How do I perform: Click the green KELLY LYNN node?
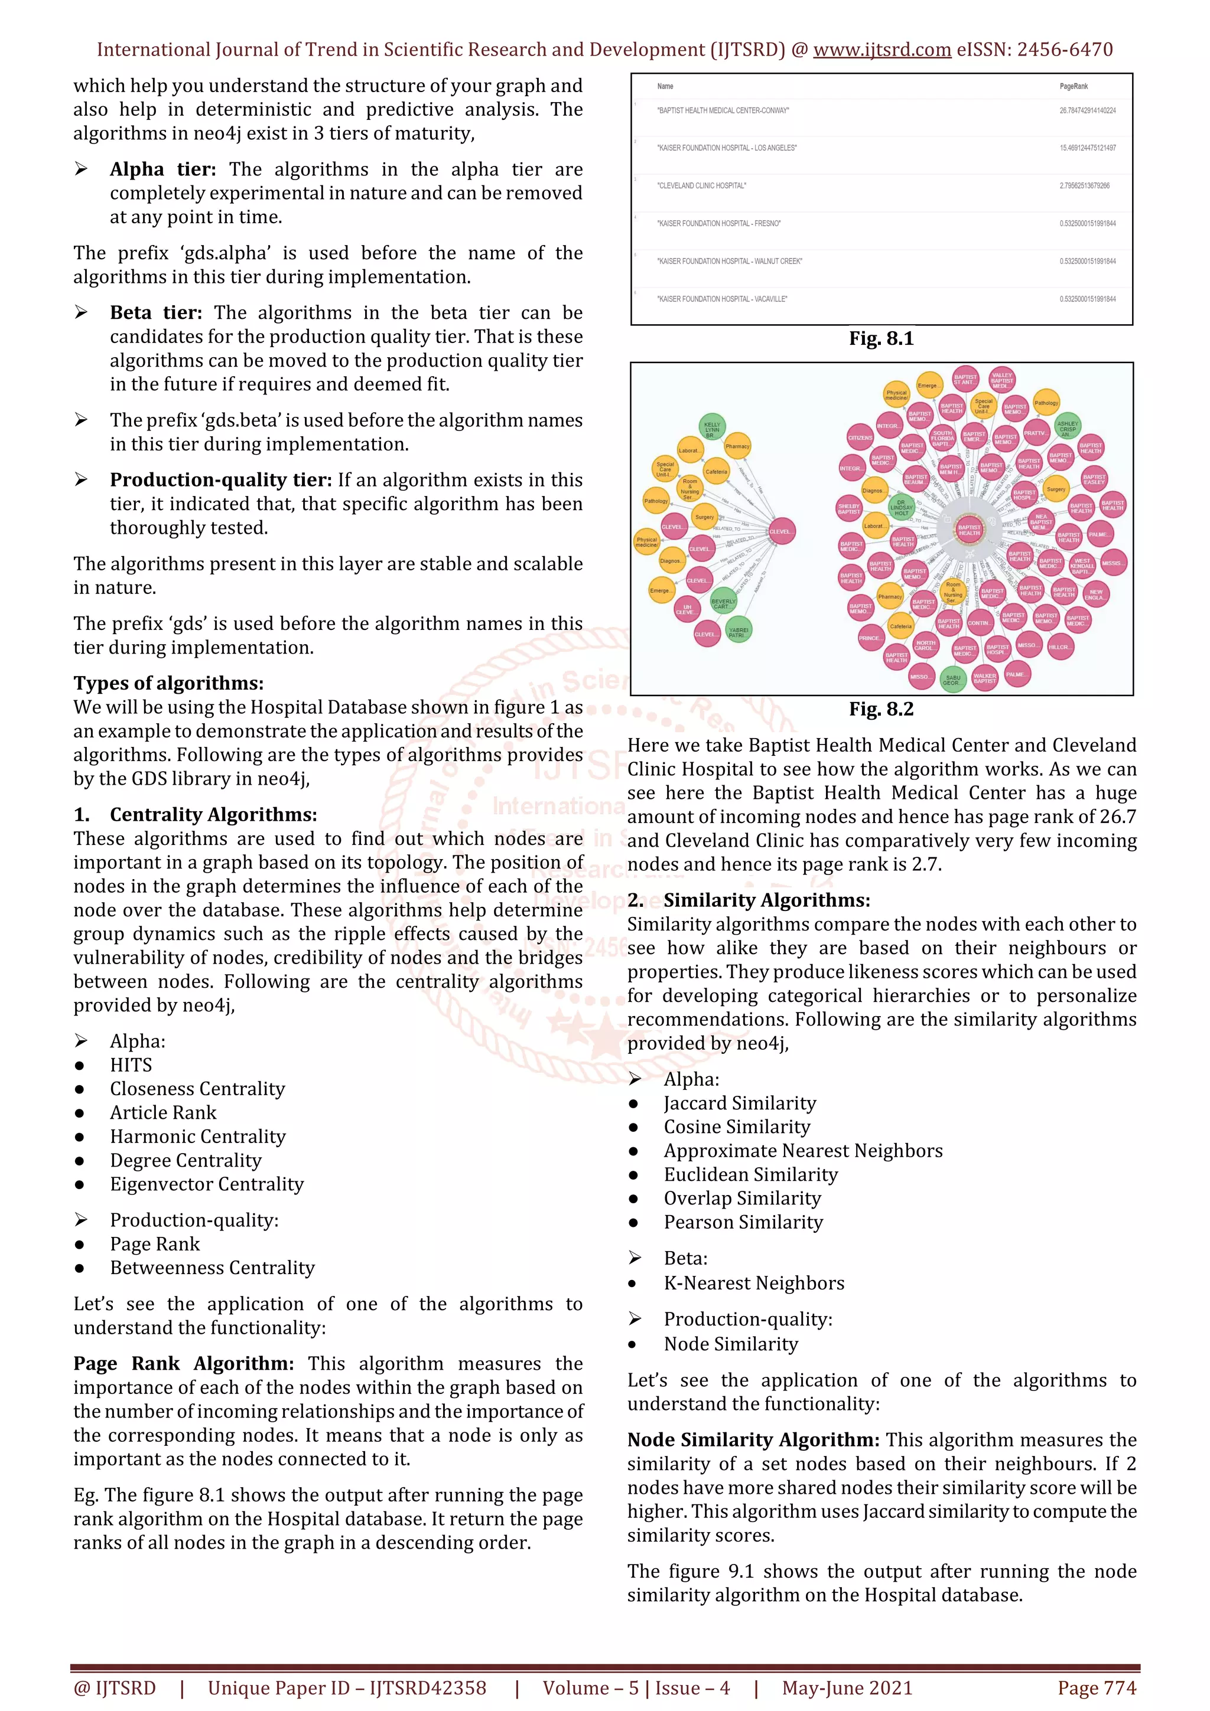coord(712,427)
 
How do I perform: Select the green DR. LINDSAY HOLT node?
coord(902,507)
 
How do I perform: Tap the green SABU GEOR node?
coord(952,680)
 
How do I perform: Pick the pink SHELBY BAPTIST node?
coord(849,508)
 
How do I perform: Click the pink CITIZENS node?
coord(860,437)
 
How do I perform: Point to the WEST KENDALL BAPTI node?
coord(1082,565)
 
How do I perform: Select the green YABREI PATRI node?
coord(738,631)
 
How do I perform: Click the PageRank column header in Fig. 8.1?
coord(1073,86)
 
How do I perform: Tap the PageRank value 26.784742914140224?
coord(1087,110)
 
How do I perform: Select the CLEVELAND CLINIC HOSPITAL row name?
coord(701,185)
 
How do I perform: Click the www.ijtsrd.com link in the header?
coord(882,50)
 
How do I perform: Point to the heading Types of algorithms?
coord(168,683)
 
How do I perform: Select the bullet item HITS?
coord(131,1065)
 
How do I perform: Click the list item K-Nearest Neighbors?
coord(754,1284)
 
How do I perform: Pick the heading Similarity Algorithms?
coord(766,900)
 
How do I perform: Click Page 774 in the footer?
coord(1096,1688)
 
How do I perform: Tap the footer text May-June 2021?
coord(846,1688)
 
